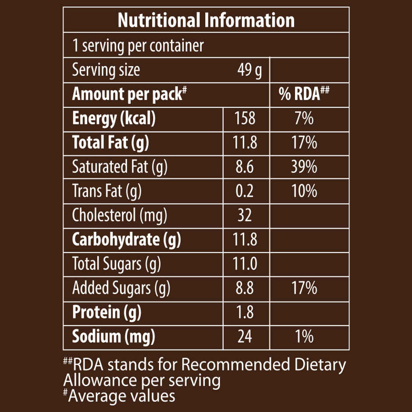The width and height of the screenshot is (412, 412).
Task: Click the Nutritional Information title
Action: click(206, 20)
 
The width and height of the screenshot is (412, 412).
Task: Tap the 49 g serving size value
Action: click(249, 70)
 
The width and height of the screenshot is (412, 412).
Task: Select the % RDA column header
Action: click(304, 94)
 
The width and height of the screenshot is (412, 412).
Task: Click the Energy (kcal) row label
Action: click(114, 118)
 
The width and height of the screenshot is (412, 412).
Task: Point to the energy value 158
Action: click(245, 118)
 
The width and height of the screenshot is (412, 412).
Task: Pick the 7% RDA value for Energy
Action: click(304, 118)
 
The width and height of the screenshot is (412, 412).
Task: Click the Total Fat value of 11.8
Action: click(245, 143)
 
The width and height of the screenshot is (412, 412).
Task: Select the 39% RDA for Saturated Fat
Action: click(304, 167)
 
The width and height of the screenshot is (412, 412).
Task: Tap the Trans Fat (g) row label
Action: click(107, 191)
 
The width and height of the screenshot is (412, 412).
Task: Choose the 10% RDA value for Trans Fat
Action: click(304, 191)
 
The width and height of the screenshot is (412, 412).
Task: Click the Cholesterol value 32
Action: click(245, 215)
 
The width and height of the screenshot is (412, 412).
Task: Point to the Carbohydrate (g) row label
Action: click(126, 239)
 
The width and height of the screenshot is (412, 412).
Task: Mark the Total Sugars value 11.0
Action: click(245, 264)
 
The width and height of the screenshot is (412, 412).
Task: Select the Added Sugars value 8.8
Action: click(245, 288)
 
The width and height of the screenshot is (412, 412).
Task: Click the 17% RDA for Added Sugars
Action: click(304, 288)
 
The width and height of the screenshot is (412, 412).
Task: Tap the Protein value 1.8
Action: click(245, 312)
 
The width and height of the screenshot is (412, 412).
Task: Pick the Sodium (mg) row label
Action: click(114, 337)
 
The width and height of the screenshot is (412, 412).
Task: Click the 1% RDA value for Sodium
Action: click(304, 337)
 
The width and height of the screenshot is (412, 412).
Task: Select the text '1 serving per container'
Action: click(138, 46)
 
